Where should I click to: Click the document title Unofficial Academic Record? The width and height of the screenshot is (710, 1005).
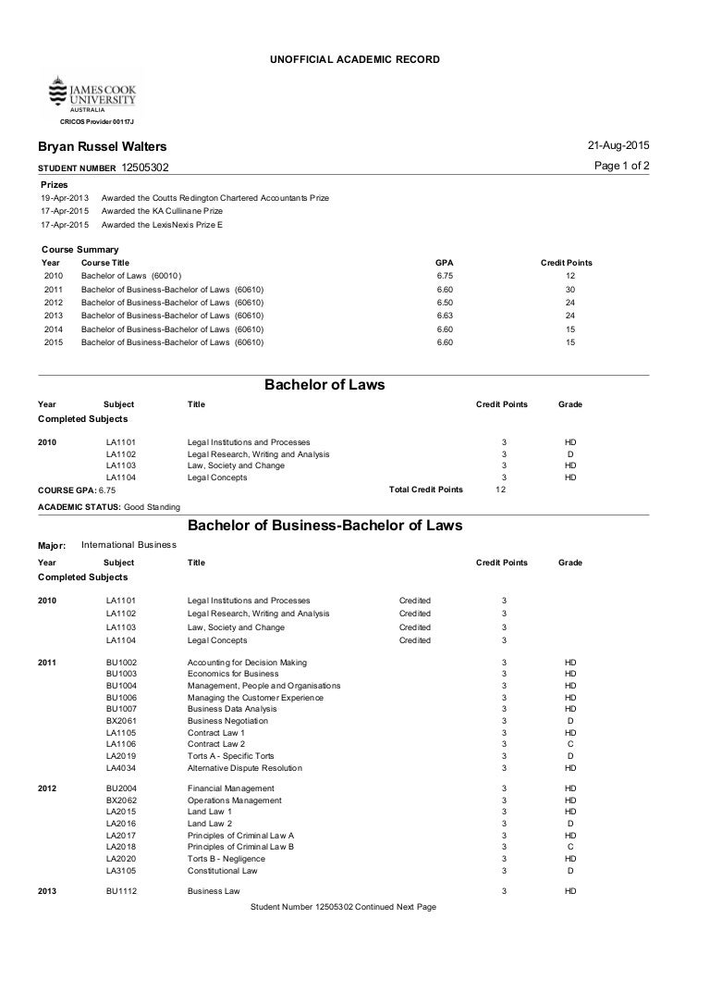(354, 59)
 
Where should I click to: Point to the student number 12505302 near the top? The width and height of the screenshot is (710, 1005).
(145, 167)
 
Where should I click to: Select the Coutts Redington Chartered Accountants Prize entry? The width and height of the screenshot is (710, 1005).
(214, 198)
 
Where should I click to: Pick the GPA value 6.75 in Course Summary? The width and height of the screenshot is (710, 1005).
(444, 276)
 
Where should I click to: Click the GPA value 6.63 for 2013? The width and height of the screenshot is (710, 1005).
(444, 316)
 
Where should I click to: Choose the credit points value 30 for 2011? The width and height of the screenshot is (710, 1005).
(570, 290)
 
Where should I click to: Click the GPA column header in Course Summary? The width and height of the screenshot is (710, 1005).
(444, 263)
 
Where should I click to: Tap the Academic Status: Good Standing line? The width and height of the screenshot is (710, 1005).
(109, 507)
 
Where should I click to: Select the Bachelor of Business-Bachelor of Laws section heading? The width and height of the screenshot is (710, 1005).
(324, 526)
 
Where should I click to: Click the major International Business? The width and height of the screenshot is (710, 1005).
(129, 545)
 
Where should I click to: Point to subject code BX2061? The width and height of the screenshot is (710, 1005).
(121, 721)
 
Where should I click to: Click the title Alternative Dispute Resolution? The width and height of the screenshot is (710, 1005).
(244, 768)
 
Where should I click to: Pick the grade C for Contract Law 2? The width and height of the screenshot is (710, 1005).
(570, 744)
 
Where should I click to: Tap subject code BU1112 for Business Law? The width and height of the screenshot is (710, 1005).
(121, 891)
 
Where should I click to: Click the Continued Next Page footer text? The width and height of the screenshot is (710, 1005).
(343, 907)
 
